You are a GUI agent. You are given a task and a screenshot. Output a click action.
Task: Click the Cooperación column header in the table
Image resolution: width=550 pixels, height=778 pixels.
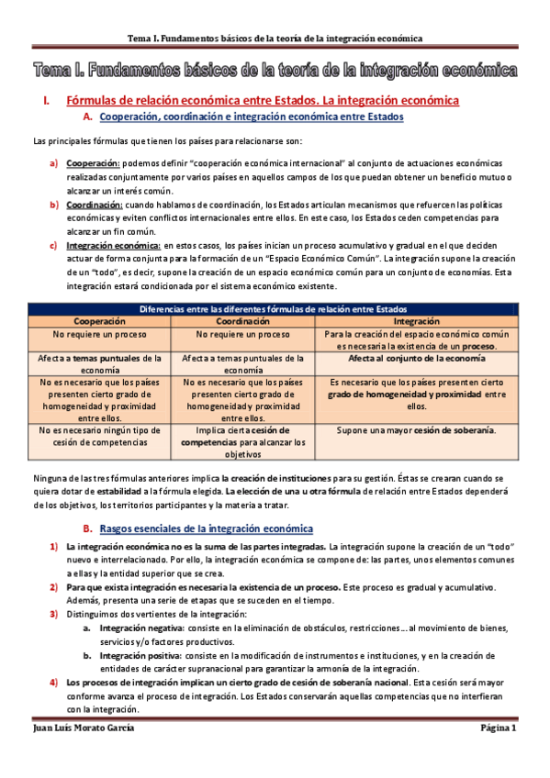click(x=100, y=322)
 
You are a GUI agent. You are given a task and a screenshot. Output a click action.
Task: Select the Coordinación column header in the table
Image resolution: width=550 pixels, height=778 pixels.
click(x=242, y=322)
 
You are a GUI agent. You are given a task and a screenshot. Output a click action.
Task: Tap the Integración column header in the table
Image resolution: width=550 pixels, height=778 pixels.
click(x=415, y=322)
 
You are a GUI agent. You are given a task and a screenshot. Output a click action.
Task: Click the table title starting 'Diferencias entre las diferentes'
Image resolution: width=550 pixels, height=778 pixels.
click(x=274, y=310)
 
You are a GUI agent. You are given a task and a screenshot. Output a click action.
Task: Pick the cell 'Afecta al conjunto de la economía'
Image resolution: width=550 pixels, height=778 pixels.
click(x=415, y=359)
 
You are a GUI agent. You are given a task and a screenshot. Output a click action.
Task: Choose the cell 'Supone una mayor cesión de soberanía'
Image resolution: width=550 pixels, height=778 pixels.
click(x=415, y=430)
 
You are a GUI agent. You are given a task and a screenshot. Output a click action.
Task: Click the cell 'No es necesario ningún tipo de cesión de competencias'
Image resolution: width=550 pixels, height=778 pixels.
click(x=100, y=436)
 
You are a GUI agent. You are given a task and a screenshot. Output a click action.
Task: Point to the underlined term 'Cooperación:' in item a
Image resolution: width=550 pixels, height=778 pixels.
click(x=90, y=162)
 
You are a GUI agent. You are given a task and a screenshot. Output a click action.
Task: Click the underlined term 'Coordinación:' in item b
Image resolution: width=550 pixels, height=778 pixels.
click(x=94, y=204)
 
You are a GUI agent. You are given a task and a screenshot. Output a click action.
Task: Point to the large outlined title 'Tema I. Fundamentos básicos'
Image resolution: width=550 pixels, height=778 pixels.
click(x=275, y=70)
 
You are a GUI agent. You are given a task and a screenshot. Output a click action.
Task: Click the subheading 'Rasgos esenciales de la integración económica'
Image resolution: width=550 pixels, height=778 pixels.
click(x=206, y=529)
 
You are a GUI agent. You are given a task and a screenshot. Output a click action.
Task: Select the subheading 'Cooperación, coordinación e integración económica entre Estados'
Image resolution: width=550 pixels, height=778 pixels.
click(x=250, y=117)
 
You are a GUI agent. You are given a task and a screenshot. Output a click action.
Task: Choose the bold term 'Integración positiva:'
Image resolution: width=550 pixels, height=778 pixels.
click(x=140, y=656)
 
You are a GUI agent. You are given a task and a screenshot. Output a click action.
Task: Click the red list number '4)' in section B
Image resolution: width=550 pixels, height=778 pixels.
click(x=54, y=684)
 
